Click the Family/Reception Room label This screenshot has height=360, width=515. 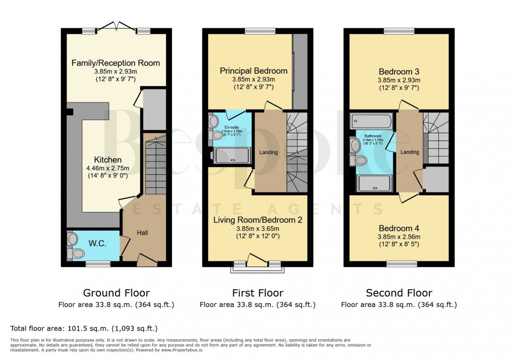(116, 63)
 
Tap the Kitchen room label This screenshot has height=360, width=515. (108, 160)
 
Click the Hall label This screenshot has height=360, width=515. (141, 232)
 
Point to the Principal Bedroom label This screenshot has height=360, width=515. (253, 71)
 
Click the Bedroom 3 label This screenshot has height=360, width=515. (399, 72)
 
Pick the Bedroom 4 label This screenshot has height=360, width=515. (399, 228)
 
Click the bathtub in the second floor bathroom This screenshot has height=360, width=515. (371, 122)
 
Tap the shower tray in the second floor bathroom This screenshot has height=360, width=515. (374, 183)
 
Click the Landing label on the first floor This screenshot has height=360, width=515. (269, 152)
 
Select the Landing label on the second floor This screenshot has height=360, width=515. (409, 152)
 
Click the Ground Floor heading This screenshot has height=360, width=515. (116, 293)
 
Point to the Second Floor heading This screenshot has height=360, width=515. (399, 293)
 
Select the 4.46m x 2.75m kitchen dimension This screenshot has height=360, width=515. (108, 168)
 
